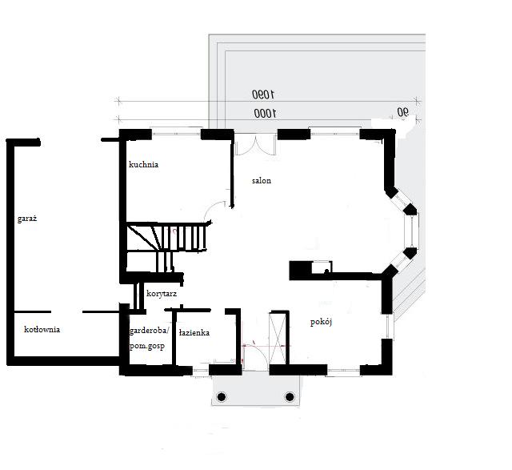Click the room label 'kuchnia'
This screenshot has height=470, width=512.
tap(144, 164)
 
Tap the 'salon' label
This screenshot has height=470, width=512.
tap(262, 181)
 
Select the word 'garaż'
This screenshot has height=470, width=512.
tap(27, 219)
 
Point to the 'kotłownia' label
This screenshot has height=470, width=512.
tap(42, 329)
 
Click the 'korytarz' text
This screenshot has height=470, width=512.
tap(162, 294)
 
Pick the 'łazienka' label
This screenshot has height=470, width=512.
tap(194, 333)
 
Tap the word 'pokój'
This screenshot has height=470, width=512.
tap(321, 322)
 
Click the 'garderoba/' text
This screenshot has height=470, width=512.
tap(150, 331)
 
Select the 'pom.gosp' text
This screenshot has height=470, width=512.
tap(147, 346)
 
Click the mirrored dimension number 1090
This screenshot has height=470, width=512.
tap(263, 94)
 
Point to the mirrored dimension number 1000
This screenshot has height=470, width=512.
tap(265, 114)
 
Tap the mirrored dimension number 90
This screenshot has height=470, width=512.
tap(403, 112)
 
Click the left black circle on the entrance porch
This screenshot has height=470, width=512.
tap(222, 397)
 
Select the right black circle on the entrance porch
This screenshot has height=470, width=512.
tap(290, 397)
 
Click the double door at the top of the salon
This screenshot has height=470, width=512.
tap(256, 144)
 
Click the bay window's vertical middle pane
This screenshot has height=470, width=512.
tap(412, 231)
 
